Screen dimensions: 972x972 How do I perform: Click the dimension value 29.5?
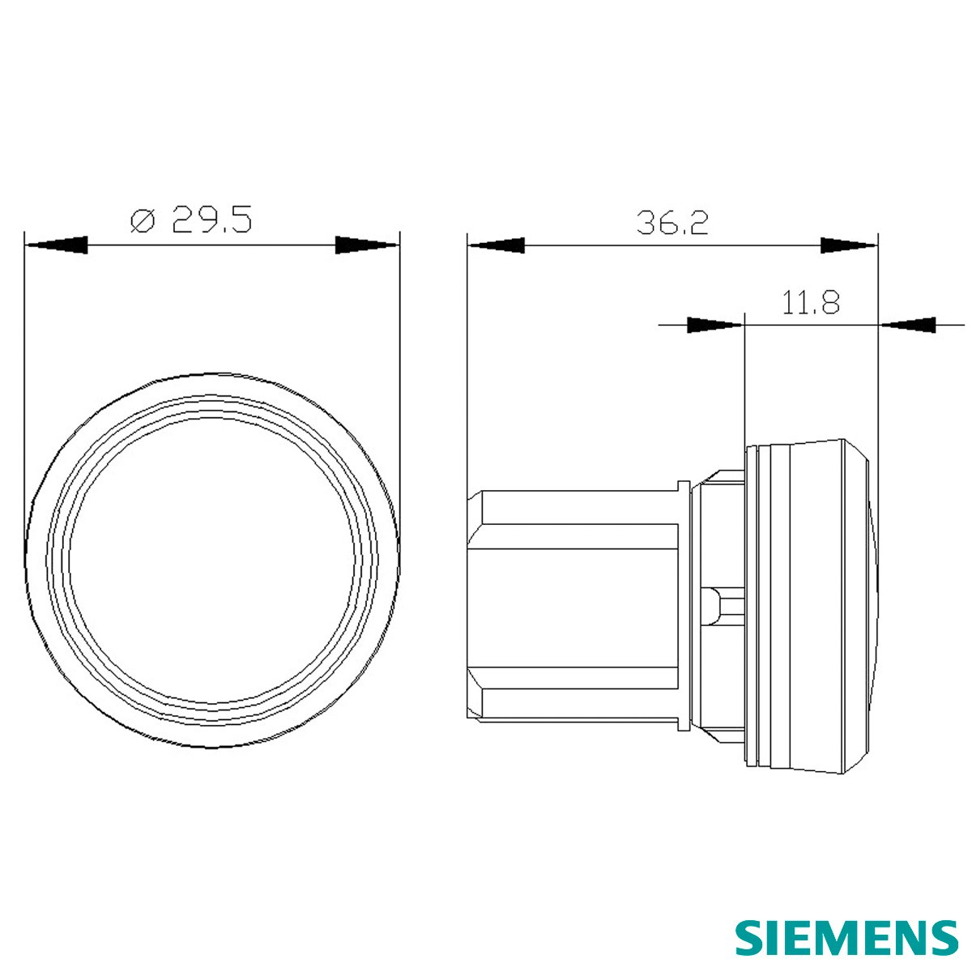click(211, 220)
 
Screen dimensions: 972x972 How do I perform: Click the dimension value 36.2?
click(672, 223)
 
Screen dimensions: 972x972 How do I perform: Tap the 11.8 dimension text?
click(810, 302)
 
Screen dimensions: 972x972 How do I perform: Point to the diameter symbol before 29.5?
click(143, 220)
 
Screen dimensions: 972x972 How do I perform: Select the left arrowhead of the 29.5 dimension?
click(57, 245)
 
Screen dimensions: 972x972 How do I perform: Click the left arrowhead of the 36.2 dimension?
click(496, 245)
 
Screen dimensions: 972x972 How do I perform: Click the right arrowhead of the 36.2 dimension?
click(848, 245)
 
